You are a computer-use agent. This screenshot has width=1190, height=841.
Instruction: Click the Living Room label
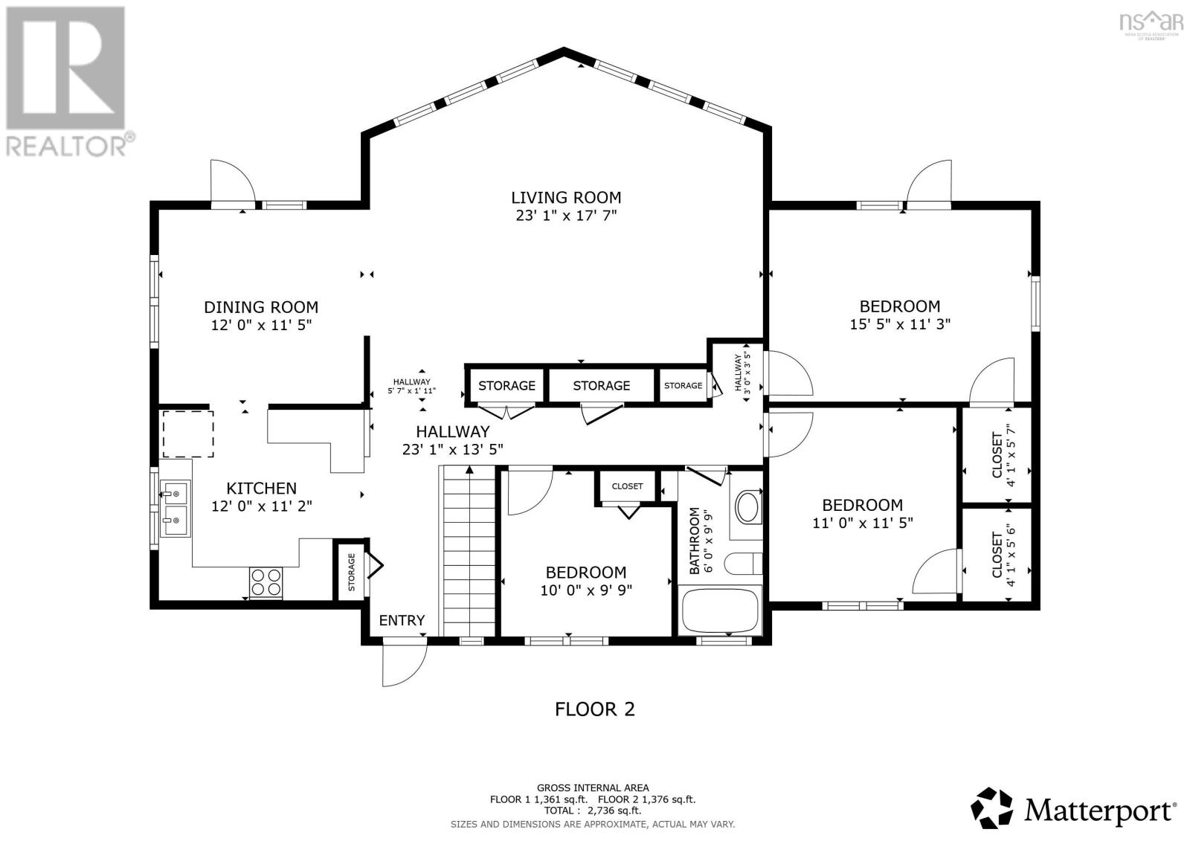(x=566, y=198)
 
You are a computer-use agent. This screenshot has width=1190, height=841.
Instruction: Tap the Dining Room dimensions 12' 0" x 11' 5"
(x=261, y=325)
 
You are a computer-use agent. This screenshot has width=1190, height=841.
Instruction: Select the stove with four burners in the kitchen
(x=266, y=583)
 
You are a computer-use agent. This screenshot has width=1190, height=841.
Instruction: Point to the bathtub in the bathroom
(x=721, y=610)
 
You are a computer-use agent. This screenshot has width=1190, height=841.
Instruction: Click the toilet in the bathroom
(x=744, y=564)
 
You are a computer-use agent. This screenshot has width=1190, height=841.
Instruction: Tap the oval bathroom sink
(x=748, y=507)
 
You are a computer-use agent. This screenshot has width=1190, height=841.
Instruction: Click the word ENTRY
(x=402, y=620)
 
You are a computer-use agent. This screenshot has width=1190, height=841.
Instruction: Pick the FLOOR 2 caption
(x=594, y=709)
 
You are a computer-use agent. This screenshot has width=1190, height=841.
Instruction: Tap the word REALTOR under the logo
(x=66, y=146)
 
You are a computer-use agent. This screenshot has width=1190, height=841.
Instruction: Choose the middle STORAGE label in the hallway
(x=602, y=386)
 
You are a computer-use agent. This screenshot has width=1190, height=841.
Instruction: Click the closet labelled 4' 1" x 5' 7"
(x=997, y=455)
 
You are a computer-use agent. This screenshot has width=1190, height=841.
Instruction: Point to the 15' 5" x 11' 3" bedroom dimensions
(x=900, y=324)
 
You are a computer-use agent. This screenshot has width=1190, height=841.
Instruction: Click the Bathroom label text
(x=694, y=541)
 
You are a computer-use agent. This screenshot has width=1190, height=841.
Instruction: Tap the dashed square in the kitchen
(x=188, y=434)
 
